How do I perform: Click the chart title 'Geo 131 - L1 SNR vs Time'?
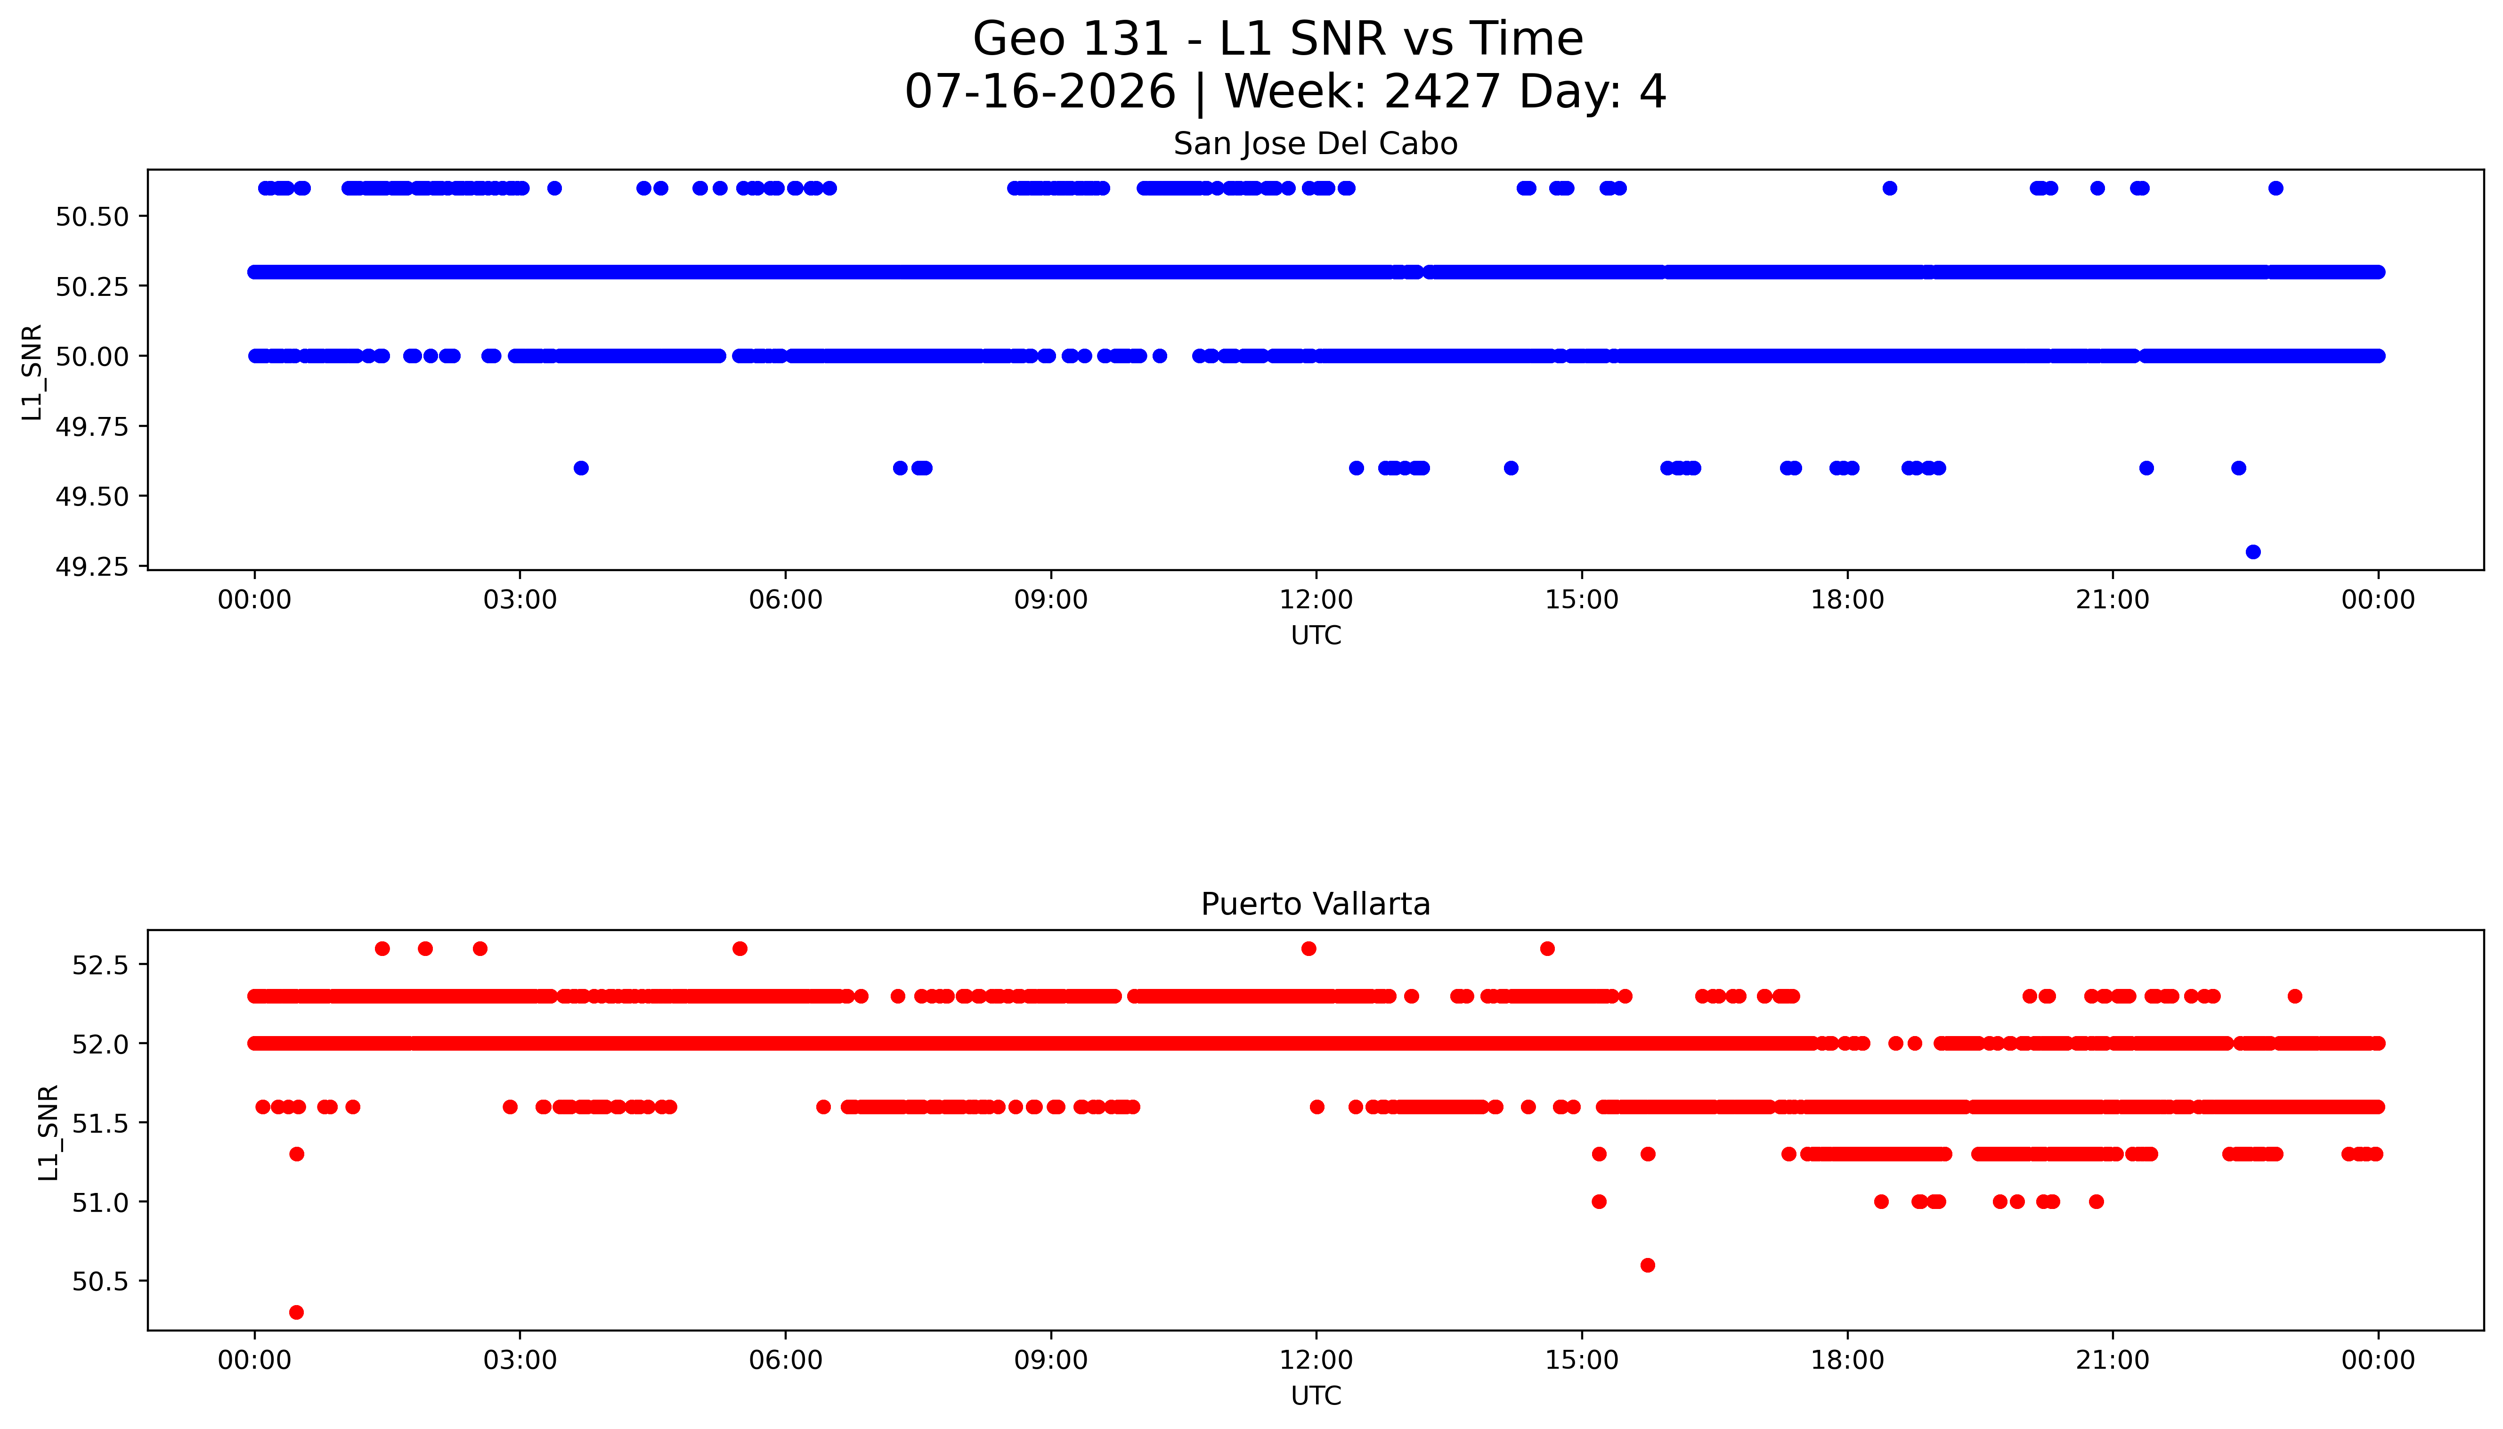pyautogui.click(x=1277, y=39)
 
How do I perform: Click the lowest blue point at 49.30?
pyautogui.click(x=2253, y=552)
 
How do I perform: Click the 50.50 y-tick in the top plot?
pyautogui.click(x=92, y=217)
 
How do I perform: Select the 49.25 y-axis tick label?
pyautogui.click(x=92, y=567)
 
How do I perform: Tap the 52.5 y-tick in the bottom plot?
pyautogui.click(x=101, y=965)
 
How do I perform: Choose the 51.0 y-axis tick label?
pyautogui.click(x=101, y=1202)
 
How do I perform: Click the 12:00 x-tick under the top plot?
pyautogui.click(x=1316, y=600)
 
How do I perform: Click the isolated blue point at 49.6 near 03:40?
pyautogui.click(x=581, y=468)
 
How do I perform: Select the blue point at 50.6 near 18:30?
pyautogui.click(x=1890, y=188)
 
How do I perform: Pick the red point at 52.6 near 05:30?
pyautogui.click(x=740, y=948)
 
